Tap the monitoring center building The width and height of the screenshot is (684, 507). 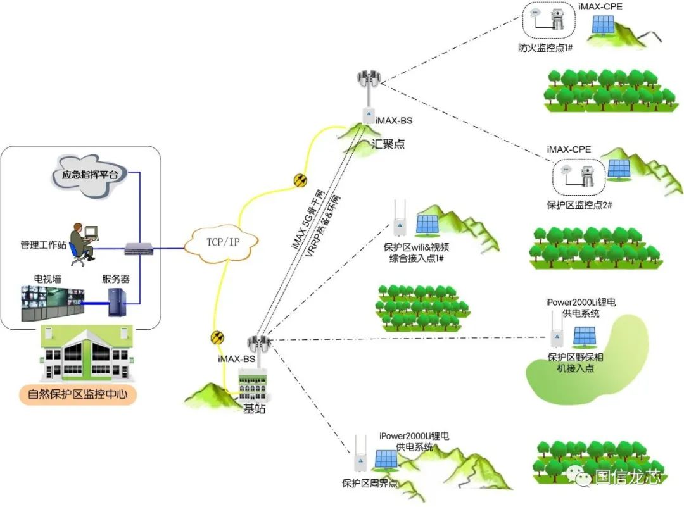pos(87,355)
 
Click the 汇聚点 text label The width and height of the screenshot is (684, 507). pos(387,144)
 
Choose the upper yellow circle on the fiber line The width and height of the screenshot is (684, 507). pos(300,180)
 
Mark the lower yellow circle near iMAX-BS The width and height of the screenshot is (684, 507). pos(217,337)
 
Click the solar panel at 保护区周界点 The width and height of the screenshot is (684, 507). pos(386,460)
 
